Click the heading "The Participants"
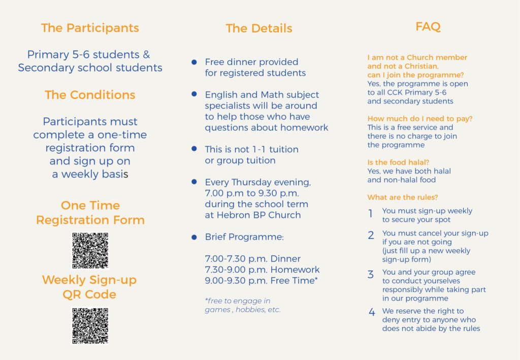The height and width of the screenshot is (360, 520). click(x=90, y=28)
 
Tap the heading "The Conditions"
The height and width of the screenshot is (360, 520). click(x=90, y=95)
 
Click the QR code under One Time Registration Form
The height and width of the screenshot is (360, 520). click(x=90, y=250)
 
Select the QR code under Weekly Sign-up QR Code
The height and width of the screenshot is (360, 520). click(x=90, y=325)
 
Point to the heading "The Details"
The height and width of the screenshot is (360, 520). click(x=259, y=28)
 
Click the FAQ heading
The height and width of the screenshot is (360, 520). click(x=428, y=27)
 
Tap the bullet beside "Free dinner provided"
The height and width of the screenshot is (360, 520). click(x=194, y=62)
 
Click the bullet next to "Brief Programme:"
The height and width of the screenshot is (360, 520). click(x=194, y=237)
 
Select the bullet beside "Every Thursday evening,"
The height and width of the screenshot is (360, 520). click(x=194, y=182)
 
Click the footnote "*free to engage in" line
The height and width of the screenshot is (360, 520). click(x=238, y=301)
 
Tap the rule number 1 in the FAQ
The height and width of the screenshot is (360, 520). click(x=371, y=214)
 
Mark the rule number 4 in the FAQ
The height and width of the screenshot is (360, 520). click(x=372, y=312)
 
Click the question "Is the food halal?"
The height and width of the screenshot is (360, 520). click(x=395, y=162)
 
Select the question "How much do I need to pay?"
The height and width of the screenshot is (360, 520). click(x=420, y=119)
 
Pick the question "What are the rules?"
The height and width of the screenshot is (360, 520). click(x=402, y=197)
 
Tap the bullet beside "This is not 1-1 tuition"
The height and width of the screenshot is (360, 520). click(x=194, y=149)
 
